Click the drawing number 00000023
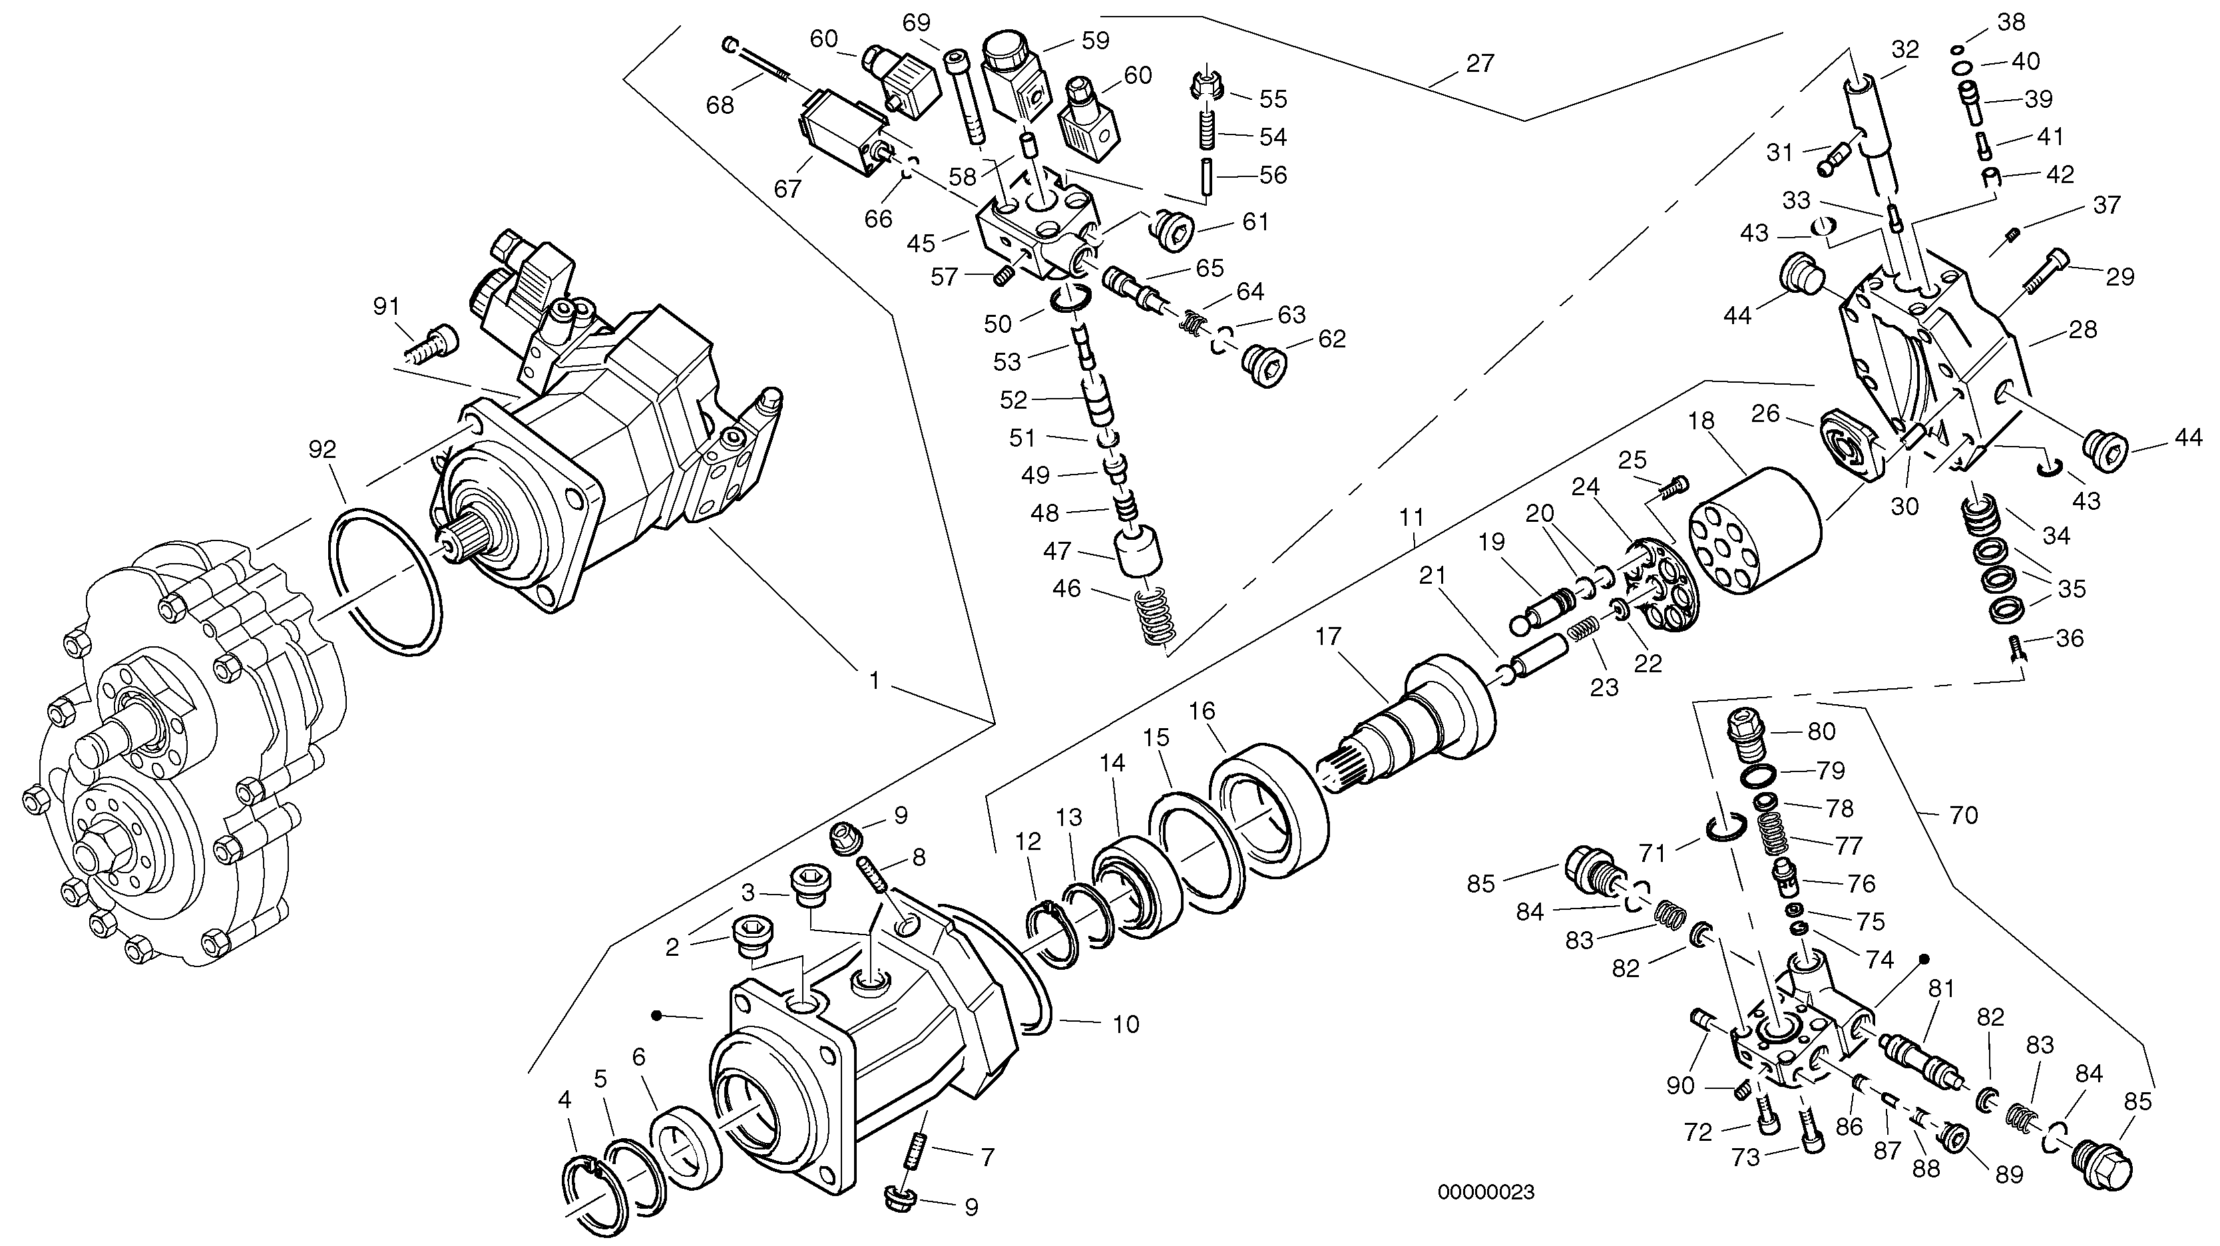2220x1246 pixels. [1486, 1193]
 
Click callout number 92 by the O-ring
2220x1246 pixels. [323, 450]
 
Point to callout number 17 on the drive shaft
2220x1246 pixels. [1328, 637]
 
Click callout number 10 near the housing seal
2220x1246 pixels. [1126, 1024]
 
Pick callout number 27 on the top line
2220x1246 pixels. [1479, 63]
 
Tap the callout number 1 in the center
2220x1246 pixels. [874, 681]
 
